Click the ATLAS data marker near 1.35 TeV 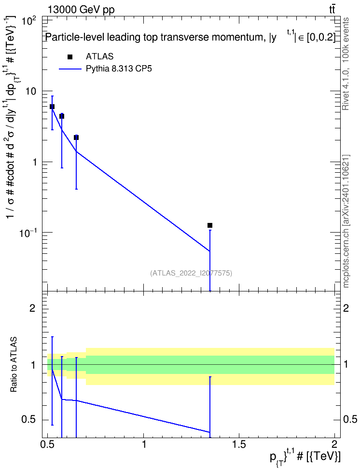210,225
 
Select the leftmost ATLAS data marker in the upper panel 52,107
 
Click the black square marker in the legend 70,57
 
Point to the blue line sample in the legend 70,69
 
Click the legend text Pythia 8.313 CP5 119,69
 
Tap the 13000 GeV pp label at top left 81,10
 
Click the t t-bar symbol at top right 332,9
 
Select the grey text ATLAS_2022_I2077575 191,273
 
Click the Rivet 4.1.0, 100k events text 346,64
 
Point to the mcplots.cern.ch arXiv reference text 346,221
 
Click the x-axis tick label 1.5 239,444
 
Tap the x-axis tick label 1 144,444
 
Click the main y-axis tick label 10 30,91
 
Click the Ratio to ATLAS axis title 14,364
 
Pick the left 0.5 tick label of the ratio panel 29,419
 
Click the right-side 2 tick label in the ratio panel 346,308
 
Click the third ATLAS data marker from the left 76,138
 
